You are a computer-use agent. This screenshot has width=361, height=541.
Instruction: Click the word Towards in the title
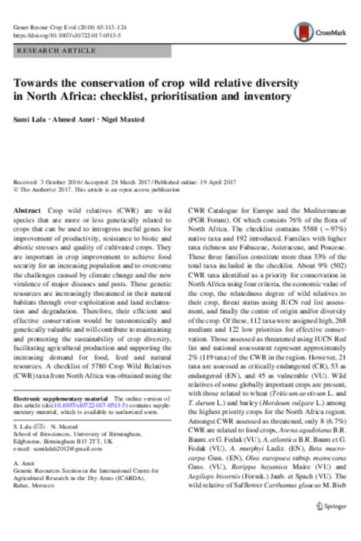click(x=34, y=83)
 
